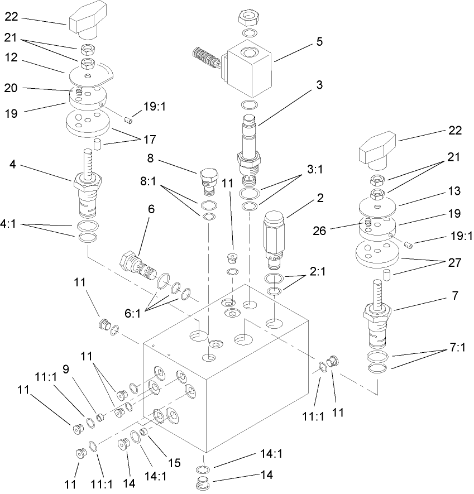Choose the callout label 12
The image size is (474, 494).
pos(12,57)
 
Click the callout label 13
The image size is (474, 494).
pos(454,191)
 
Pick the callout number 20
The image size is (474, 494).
pos(12,88)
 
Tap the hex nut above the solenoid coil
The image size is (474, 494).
pos(247,17)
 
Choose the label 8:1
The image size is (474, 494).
pos(147,181)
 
